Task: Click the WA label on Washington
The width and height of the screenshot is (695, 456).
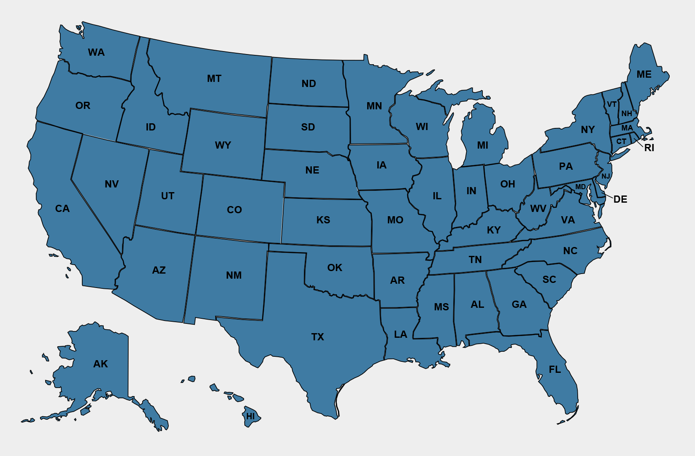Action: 96,52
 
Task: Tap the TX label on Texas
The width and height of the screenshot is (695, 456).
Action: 318,337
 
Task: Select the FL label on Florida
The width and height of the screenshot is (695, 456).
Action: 555,369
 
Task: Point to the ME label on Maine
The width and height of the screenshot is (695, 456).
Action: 644,74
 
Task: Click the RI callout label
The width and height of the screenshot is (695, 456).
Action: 649,148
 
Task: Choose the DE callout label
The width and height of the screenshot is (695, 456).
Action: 620,199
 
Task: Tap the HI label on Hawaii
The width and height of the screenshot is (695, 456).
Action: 251,416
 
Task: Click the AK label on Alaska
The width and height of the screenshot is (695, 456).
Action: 100,364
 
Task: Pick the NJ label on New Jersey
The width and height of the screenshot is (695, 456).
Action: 606,176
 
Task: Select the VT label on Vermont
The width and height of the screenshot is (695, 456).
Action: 612,104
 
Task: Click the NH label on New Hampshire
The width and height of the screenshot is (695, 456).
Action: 627,114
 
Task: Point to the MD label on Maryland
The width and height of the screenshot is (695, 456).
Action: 581,187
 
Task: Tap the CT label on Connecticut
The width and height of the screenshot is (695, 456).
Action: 621,141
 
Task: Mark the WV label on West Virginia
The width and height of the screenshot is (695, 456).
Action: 538,208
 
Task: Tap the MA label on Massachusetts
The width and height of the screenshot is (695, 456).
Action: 627,128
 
